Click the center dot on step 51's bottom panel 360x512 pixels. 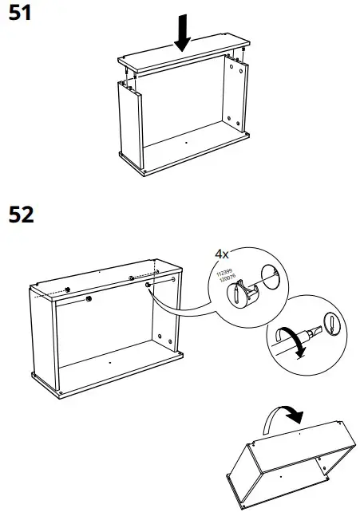[x=185, y=143]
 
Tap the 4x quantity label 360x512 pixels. [x=222, y=254]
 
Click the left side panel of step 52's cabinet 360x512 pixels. [x=44, y=335]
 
